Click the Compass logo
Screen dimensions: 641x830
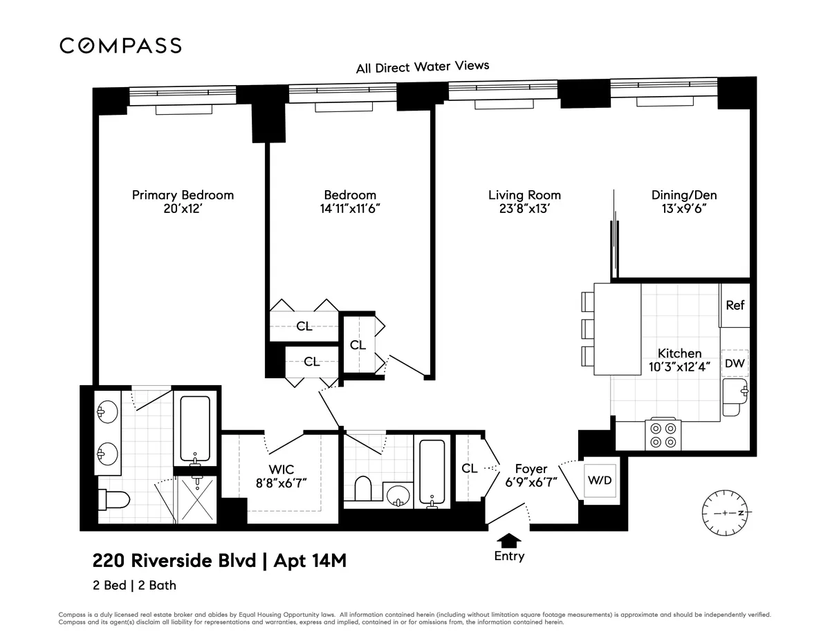[x=120, y=46]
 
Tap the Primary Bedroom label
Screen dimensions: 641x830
[x=183, y=195]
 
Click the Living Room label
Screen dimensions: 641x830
[x=524, y=195]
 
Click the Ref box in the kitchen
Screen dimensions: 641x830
[x=735, y=304]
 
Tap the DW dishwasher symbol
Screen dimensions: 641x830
[x=735, y=363]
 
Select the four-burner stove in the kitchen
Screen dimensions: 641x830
[x=663, y=435]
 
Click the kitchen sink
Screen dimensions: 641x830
[x=735, y=397]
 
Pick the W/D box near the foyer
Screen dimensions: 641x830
[x=599, y=481]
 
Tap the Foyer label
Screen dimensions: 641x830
[x=531, y=469]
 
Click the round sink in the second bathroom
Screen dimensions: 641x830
[x=397, y=495]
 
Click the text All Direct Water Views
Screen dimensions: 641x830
[x=422, y=67]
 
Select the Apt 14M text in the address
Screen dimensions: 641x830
[x=311, y=560]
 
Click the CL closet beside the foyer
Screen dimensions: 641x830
[x=470, y=468]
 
